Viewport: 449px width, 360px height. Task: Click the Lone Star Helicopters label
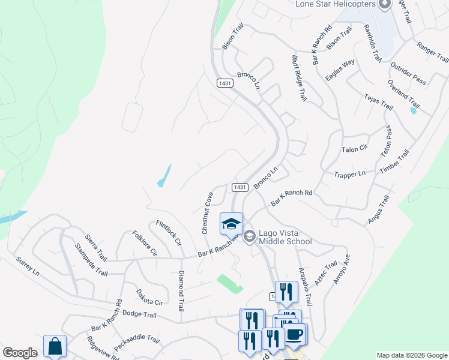(x=335, y=4)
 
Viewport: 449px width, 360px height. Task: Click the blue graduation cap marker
(x=231, y=224)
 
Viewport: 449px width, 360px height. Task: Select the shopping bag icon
(x=55, y=346)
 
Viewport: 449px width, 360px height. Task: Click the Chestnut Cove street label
(x=207, y=212)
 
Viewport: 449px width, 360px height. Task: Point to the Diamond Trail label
(x=179, y=291)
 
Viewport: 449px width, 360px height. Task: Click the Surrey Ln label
(x=27, y=266)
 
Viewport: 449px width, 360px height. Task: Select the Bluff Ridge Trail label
(x=298, y=78)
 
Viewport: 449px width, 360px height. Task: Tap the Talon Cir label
(x=354, y=149)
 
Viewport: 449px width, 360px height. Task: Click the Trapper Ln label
(x=349, y=174)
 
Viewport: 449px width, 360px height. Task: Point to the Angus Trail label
(x=380, y=209)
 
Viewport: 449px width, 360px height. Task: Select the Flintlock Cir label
(x=169, y=233)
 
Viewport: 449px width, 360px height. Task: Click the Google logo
(x=20, y=352)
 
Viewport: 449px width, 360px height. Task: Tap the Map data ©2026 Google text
(x=411, y=355)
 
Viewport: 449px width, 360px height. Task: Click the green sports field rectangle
(x=229, y=283)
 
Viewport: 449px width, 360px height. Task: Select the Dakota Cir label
(x=149, y=299)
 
